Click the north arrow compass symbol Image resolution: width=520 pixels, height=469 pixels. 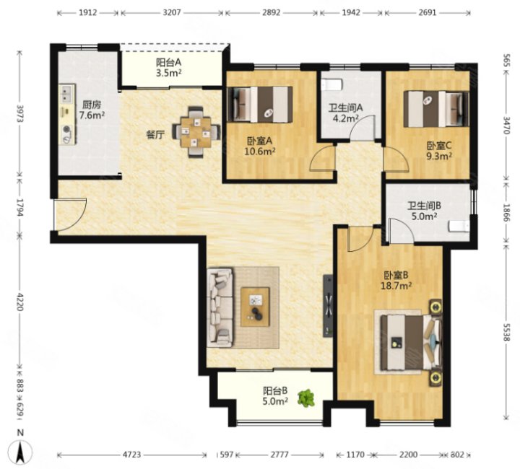[x=20, y=452]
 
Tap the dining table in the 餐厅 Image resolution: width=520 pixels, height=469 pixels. [x=196, y=132]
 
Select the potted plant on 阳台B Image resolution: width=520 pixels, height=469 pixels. [x=305, y=398]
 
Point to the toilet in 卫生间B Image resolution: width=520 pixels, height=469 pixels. [x=459, y=227]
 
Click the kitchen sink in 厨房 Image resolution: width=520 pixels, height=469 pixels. [x=66, y=93]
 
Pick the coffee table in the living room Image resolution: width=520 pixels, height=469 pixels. [x=255, y=307]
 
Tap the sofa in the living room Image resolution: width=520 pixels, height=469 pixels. [x=220, y=307]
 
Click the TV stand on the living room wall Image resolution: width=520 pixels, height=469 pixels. [x=328, y=305]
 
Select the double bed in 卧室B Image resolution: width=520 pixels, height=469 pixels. [x=411, y=342]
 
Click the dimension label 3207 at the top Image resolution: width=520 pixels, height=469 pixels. [x=172, y=12]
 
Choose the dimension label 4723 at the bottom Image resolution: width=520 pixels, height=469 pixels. [x=132, y=455]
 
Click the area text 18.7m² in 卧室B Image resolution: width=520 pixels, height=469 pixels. [x=396, y=285]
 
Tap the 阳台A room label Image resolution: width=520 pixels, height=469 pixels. [x=168, y=63]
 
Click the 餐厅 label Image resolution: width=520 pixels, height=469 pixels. [x=155, y=135]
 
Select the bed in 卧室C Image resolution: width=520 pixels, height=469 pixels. [x=436, y=109]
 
